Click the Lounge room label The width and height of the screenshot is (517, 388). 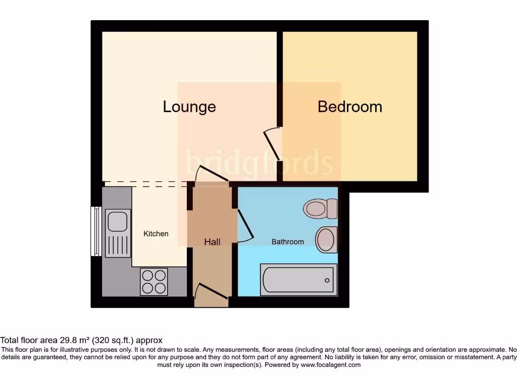click(x=189, y=107)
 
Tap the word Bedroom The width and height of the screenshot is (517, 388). click(x=349, y=107)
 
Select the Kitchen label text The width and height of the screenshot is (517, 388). click(x=156, y=233)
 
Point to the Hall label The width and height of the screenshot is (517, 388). click(x=212, y=242)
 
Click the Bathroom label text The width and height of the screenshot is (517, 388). click(x=288, y=241)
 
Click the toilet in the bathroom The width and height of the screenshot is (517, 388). click(x=321, y=208)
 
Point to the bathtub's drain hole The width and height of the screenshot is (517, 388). click(x=327, y=280)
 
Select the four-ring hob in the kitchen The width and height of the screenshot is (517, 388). click(x=154, y=281)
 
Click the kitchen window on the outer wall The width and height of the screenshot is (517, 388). click(x=96, y=231)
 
